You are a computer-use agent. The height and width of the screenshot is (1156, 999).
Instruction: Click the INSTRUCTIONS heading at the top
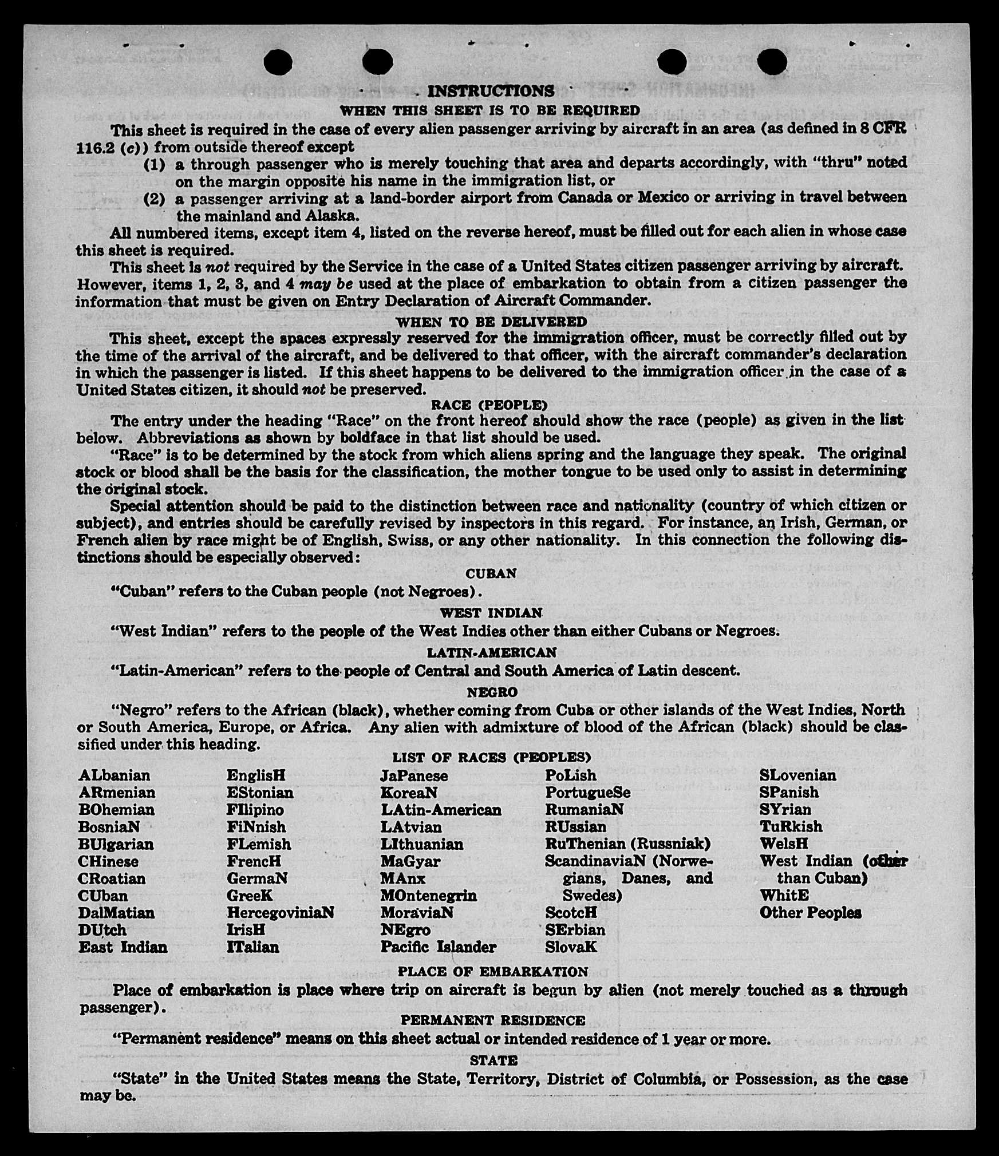coord(491,91)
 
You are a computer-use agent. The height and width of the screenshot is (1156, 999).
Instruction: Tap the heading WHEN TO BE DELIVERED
coord(491,322)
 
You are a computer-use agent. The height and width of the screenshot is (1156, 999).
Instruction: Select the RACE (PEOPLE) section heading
coord(489,405)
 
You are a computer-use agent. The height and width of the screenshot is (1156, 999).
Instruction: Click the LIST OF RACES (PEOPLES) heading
coord(491,758)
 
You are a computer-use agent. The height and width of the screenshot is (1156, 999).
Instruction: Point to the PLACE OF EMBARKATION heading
coord(492,972)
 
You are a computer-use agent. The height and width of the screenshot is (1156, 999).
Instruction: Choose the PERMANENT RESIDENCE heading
coord(492,1020)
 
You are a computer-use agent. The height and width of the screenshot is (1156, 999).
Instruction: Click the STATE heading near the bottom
coord(493,1060)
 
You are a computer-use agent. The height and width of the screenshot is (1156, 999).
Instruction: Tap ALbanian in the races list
coord(114,775)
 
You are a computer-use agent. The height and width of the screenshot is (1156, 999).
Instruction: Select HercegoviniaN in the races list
coord(280,912)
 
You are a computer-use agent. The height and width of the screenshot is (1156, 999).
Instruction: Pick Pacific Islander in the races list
coord(438,947)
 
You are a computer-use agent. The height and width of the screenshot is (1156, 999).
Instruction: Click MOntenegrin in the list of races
coord(428,896)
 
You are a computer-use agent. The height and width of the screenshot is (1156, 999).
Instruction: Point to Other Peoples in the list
coord(810,913)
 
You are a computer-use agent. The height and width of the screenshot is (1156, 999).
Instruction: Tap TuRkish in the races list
coord(791,827)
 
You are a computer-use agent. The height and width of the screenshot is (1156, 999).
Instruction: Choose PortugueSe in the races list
coord(587,793)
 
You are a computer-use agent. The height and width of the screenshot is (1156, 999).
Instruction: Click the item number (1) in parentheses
coord(154,165)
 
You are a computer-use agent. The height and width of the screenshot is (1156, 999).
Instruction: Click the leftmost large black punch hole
coord(279,61)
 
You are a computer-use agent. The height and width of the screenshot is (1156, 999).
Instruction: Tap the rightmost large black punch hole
coord(771,61)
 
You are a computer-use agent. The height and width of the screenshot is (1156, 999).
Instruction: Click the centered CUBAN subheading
coord(491,573)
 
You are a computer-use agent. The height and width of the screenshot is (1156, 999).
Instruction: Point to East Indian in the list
coord(123,947)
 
